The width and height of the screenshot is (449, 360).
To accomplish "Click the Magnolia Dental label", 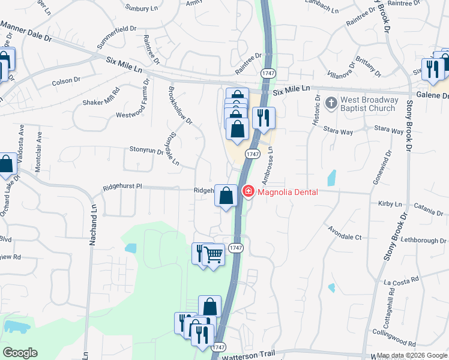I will pos(288,192).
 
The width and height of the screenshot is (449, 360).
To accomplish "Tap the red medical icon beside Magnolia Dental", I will pos(247,191).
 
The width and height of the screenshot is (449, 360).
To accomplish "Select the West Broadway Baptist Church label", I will pos(369,104).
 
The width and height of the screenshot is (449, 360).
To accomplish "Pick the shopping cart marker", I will pos(214,254).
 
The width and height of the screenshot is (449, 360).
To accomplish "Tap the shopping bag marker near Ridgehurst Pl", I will pos(226,196).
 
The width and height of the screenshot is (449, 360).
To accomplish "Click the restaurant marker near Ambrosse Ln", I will pos(262,118).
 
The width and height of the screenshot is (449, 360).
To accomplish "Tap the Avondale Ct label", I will pos(345,233).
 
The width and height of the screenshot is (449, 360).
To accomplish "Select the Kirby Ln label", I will pos(390,204).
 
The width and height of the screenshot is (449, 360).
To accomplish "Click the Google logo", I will pos(20,353).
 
